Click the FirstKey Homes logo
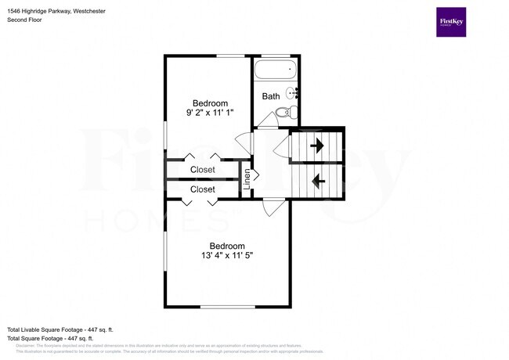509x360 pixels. coord(451,22)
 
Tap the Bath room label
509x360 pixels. coord(271,97)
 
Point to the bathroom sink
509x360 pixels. coord(293,92)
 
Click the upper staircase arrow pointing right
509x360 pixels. coord(317,146)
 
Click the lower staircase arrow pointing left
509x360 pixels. coord(318,182)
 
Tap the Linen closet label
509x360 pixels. coord(247,180)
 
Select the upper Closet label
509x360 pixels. coord(202,170)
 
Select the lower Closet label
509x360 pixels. coord(202,189)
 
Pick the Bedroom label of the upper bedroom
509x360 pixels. coord(211,103)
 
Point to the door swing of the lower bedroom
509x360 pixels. coord(273,208)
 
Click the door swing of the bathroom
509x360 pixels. coord(266,120)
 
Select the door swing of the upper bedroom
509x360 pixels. coord(244,142)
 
